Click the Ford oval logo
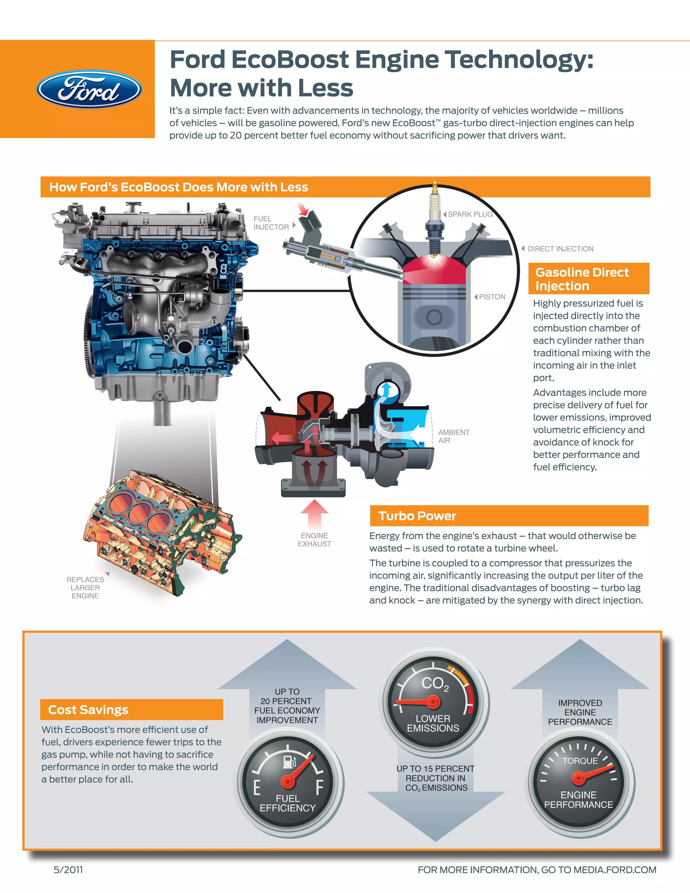tap(89, 90)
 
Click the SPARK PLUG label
tap(470, 214)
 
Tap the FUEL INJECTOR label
tap(271, 223)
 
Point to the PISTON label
tap(492, 297)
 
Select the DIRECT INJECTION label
tap(560, 249)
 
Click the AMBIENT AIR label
tap(453, 436)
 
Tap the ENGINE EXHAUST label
tap(314, 540)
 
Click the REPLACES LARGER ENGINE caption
tap(85, 588)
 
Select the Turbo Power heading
tap(417, 516)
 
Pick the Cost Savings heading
tap(88, 710)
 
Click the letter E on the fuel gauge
tap(257, 788)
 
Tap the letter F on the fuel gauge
tap(319, 787)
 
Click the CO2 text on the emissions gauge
tap(435, 684)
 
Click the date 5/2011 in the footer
tap(68, 870)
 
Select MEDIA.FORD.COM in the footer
tap(615, 870)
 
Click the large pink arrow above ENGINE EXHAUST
tap(314, 514)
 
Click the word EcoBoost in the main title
tap(290, 60)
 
